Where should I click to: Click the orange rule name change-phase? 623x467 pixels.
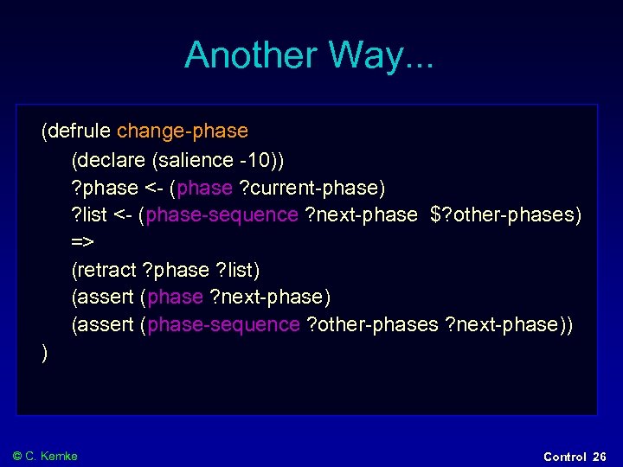pos(183,131)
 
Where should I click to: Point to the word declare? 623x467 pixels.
pos(112,160)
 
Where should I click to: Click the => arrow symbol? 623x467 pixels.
pos(82,242)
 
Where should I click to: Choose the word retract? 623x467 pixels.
pos(106,270)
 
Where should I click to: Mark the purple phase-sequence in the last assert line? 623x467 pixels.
pos(223,324)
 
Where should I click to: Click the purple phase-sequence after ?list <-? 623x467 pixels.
pos(223,214)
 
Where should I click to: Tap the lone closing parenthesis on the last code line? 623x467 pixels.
pos(44,352)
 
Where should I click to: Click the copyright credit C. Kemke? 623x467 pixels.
pos(51,456)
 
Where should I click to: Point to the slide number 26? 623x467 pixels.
pos(600,457)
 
